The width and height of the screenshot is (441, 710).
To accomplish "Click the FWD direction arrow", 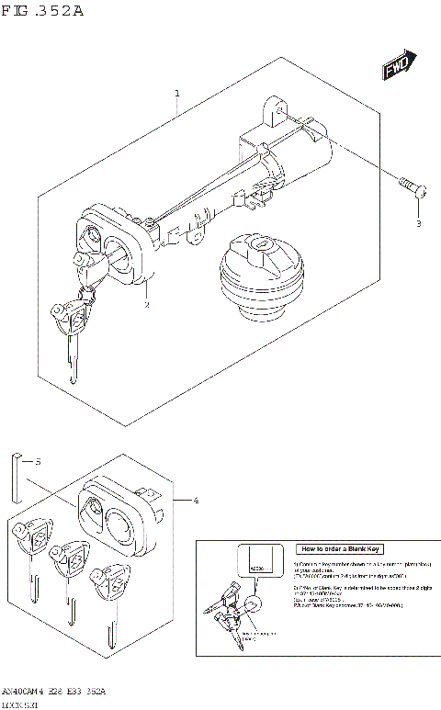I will [396, 68].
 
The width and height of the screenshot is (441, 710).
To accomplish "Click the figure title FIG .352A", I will [44, 12].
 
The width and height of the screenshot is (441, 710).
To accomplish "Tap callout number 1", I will [177, 94].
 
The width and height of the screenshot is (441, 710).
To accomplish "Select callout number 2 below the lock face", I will [145, 305].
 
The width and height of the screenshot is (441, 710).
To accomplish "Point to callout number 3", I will [418, 223].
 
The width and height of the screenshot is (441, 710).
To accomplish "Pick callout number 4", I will [195, 500].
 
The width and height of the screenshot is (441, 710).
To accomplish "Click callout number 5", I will [37, 462].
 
